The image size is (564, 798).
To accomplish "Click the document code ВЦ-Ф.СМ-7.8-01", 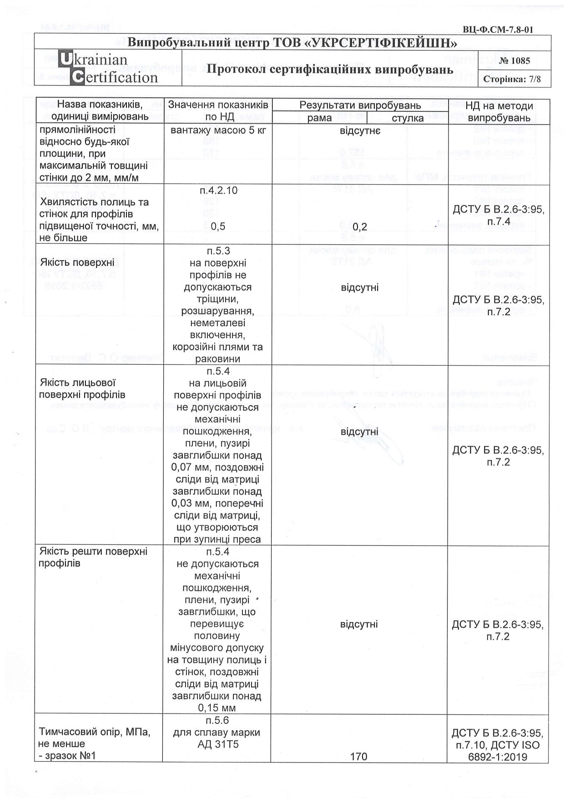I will [498, 30].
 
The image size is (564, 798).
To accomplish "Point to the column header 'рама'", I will [319, 118].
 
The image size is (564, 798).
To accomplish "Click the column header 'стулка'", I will [407, 118].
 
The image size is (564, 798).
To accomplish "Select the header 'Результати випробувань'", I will [360, 106].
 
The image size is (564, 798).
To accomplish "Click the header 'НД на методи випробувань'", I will [499, 112].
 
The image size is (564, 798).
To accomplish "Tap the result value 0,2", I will [359, 226].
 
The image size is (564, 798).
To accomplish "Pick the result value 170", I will [359, 757].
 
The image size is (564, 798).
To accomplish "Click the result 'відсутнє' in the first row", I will [360, 131].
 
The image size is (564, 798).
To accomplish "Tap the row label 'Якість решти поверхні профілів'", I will [93, 557].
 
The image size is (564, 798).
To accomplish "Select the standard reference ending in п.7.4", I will [499, 215].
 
